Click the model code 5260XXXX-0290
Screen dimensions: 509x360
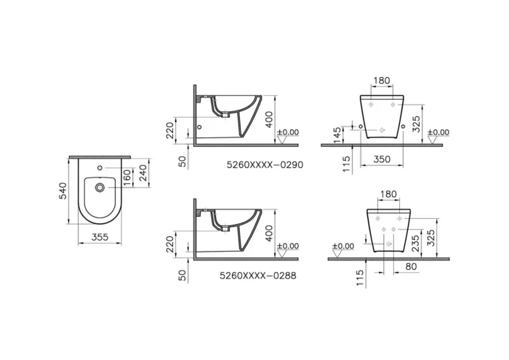265,165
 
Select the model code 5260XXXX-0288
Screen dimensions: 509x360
257,276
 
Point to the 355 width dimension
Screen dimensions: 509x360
100,237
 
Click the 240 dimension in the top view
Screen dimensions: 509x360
143,172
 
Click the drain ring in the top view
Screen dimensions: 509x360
100,188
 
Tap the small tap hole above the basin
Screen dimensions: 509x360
100,168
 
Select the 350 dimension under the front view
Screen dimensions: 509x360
382,159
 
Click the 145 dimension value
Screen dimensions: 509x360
337,135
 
